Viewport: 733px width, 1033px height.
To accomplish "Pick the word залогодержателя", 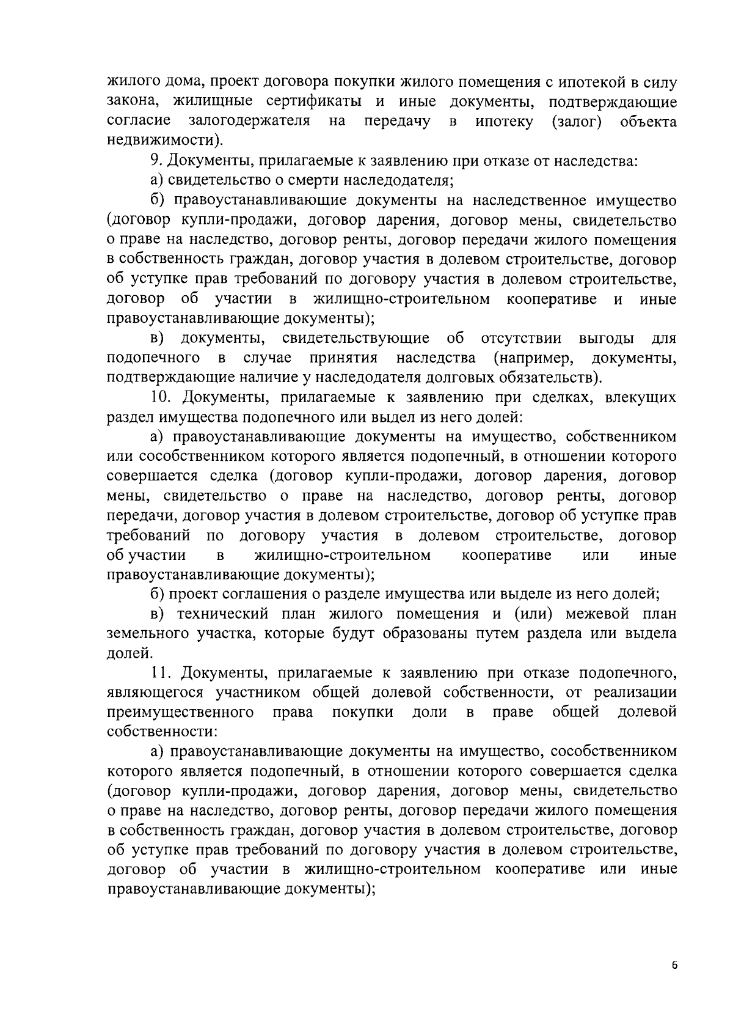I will pos(249,122).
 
